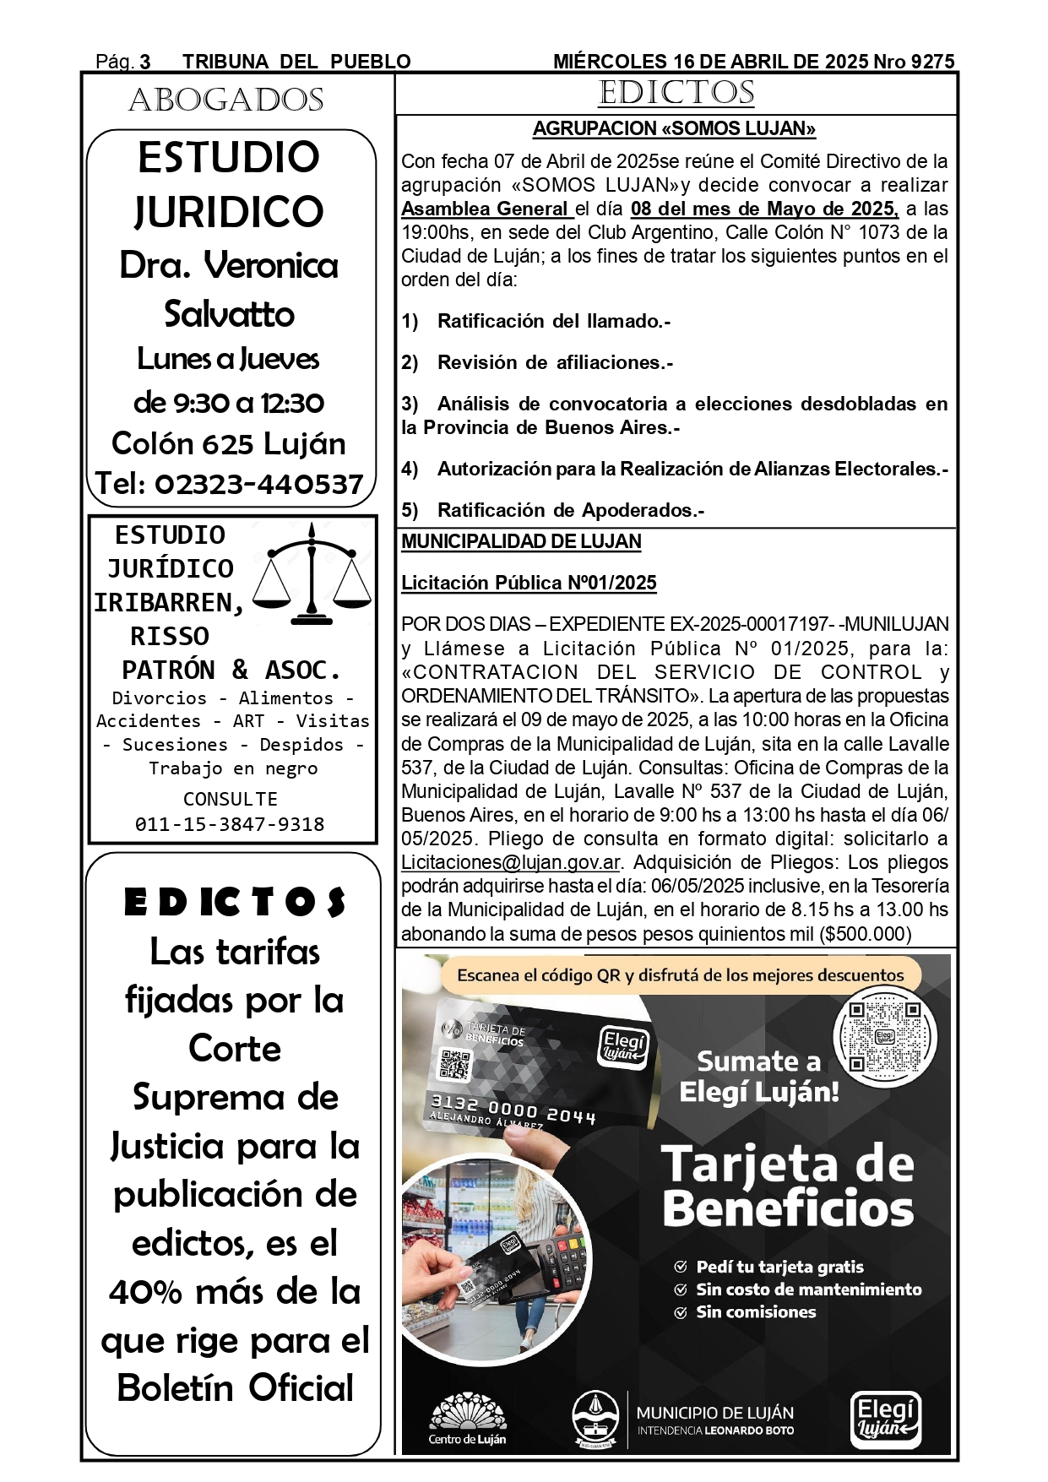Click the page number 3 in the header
145,62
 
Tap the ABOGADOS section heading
226,100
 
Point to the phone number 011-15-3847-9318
230,824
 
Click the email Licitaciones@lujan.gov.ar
511,862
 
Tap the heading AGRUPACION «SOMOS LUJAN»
674,128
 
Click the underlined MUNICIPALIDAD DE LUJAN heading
521,541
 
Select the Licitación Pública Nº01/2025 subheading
529,583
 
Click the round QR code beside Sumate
884,1034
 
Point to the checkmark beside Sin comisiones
681,1312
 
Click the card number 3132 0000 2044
513,1109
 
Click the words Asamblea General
485,209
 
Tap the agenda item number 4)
410,469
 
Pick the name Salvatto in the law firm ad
230,313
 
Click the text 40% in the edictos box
145,1291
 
